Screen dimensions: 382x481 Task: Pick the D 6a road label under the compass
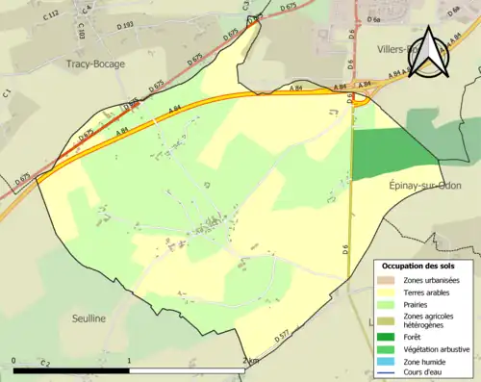point(376,18)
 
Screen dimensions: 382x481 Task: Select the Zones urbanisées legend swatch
point(390,280)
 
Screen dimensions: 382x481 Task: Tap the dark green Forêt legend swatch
point(390,337)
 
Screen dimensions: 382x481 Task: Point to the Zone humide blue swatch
point(390,362)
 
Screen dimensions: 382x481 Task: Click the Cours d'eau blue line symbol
point(390,373)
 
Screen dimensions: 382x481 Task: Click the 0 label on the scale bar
point(14,361)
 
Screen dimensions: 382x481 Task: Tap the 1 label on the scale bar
point(129,361)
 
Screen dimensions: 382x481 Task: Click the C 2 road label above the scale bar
point(45,364)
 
